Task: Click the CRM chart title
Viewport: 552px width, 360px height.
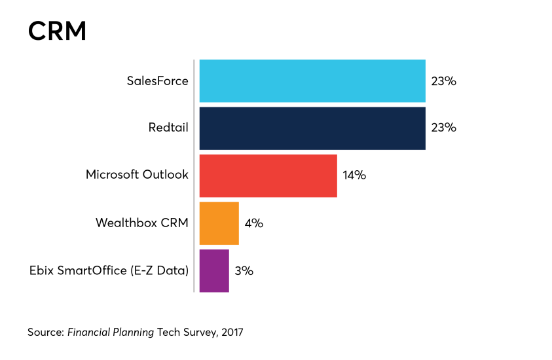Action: (x=57, y=31)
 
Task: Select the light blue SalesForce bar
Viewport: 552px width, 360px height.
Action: (x=312, y=81)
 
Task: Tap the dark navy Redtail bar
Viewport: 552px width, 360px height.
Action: (x=312, y=128)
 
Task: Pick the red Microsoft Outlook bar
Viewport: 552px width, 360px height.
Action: (x=268, y=175)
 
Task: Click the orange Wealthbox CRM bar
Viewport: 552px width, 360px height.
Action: (x=219, y=223)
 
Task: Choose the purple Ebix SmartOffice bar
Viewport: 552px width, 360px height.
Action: (x=214, y=270)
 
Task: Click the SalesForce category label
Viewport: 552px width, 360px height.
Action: (x=157, y=81)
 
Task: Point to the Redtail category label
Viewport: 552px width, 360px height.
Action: (x=168, y=128)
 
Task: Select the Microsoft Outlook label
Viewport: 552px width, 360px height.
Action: (x=137, y=175)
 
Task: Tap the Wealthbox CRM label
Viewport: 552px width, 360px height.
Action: (x=141, y=223)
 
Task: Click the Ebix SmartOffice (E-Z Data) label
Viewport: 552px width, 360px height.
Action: (x=109, y=270)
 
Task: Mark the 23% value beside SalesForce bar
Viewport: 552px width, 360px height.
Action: (x=443, y=81)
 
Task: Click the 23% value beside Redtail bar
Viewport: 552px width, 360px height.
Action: (x=443, y=128)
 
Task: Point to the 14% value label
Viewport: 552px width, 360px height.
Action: (x=354, y=175)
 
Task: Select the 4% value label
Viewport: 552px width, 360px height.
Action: (x=253, y=223)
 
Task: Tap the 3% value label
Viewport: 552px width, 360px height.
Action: (x=244, y=270)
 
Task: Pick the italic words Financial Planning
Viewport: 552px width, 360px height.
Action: (x=111, y=333)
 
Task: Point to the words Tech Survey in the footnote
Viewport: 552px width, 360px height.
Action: (x=185, y=333)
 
